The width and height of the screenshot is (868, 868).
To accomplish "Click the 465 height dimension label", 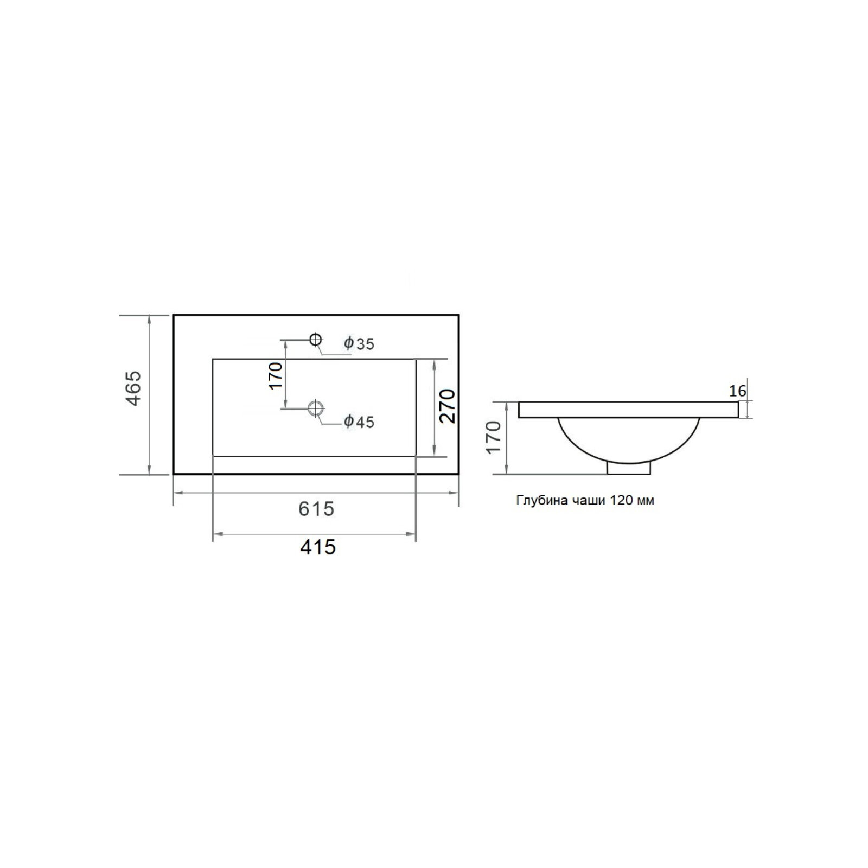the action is coord(133,388).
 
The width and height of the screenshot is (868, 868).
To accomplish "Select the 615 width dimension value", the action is coord(316,509).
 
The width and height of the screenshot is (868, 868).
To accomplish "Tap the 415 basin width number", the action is coord(318,547).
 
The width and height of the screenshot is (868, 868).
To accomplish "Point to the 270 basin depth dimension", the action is coord(448,406).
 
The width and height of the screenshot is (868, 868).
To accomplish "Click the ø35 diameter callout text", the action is coord(359,343).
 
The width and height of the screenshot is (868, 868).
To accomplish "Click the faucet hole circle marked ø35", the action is coord(316,340).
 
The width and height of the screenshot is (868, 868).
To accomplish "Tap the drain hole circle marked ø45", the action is coord(316,407).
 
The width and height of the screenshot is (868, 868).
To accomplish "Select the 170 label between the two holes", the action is coord(276,375).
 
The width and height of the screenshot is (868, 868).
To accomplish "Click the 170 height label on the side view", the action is coord(494,437).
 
